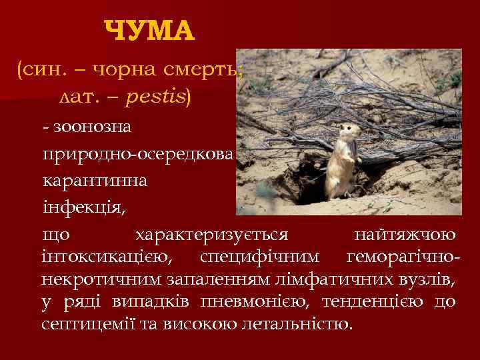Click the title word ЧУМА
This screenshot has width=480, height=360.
(x=150, y=30)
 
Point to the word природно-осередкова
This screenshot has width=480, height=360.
(x=137, y=153)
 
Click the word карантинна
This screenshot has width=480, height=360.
(x=96, y=181)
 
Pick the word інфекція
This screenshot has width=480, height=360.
(x=83, y=207)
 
